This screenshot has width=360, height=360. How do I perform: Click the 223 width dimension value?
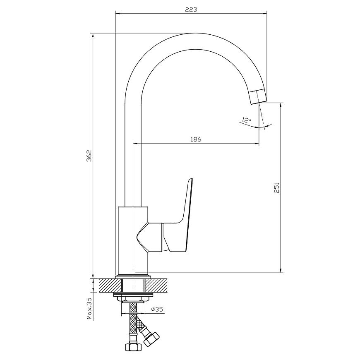tap(191, 10)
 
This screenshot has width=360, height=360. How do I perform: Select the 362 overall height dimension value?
tap(89, 156)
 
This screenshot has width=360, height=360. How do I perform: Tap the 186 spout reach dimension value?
tap(196, 139)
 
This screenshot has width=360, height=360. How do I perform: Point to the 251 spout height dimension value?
tap(277, 187)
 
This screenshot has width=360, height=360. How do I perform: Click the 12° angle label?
tap(246, 120)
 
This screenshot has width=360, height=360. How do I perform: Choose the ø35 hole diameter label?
tap(157, 310)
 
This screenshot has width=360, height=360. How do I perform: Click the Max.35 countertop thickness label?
tap(89, 309)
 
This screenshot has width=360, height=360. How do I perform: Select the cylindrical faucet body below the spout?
tap(133, 240)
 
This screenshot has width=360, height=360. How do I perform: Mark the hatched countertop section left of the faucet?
tap(110, 286)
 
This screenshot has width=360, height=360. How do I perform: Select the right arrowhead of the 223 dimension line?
tap(265, 13)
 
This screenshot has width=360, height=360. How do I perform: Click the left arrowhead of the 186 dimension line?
tap(135, 144)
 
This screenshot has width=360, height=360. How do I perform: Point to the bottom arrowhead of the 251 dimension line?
tap(281, 271)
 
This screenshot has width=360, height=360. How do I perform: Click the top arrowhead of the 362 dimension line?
tap(93, 36)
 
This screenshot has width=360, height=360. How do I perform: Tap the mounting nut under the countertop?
tap(133, 298)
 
